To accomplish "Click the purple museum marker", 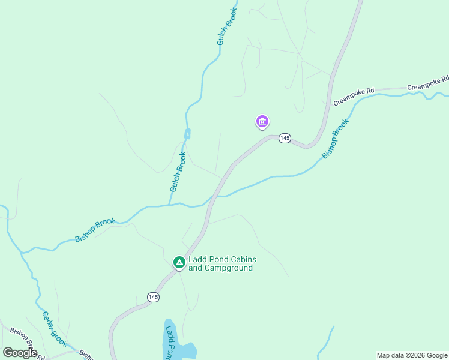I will tap(262, 122).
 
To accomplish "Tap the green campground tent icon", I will tap(179, 262).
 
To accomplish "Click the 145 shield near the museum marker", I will tap(285, 139).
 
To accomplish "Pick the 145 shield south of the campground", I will tap(154, 297).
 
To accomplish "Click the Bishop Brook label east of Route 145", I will tap(335, 139).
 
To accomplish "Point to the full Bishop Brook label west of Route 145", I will tap(95, 230).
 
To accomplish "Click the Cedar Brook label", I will tap(53, 329).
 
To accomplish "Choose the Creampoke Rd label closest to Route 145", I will tap(354, 97).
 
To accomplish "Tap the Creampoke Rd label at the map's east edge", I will tap(428, 83).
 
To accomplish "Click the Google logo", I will tap(20, 352).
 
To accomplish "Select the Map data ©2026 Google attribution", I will tap(412, 355).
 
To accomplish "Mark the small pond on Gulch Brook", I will tap(188, 133).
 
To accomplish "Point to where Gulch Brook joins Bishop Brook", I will tap(170, 205).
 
